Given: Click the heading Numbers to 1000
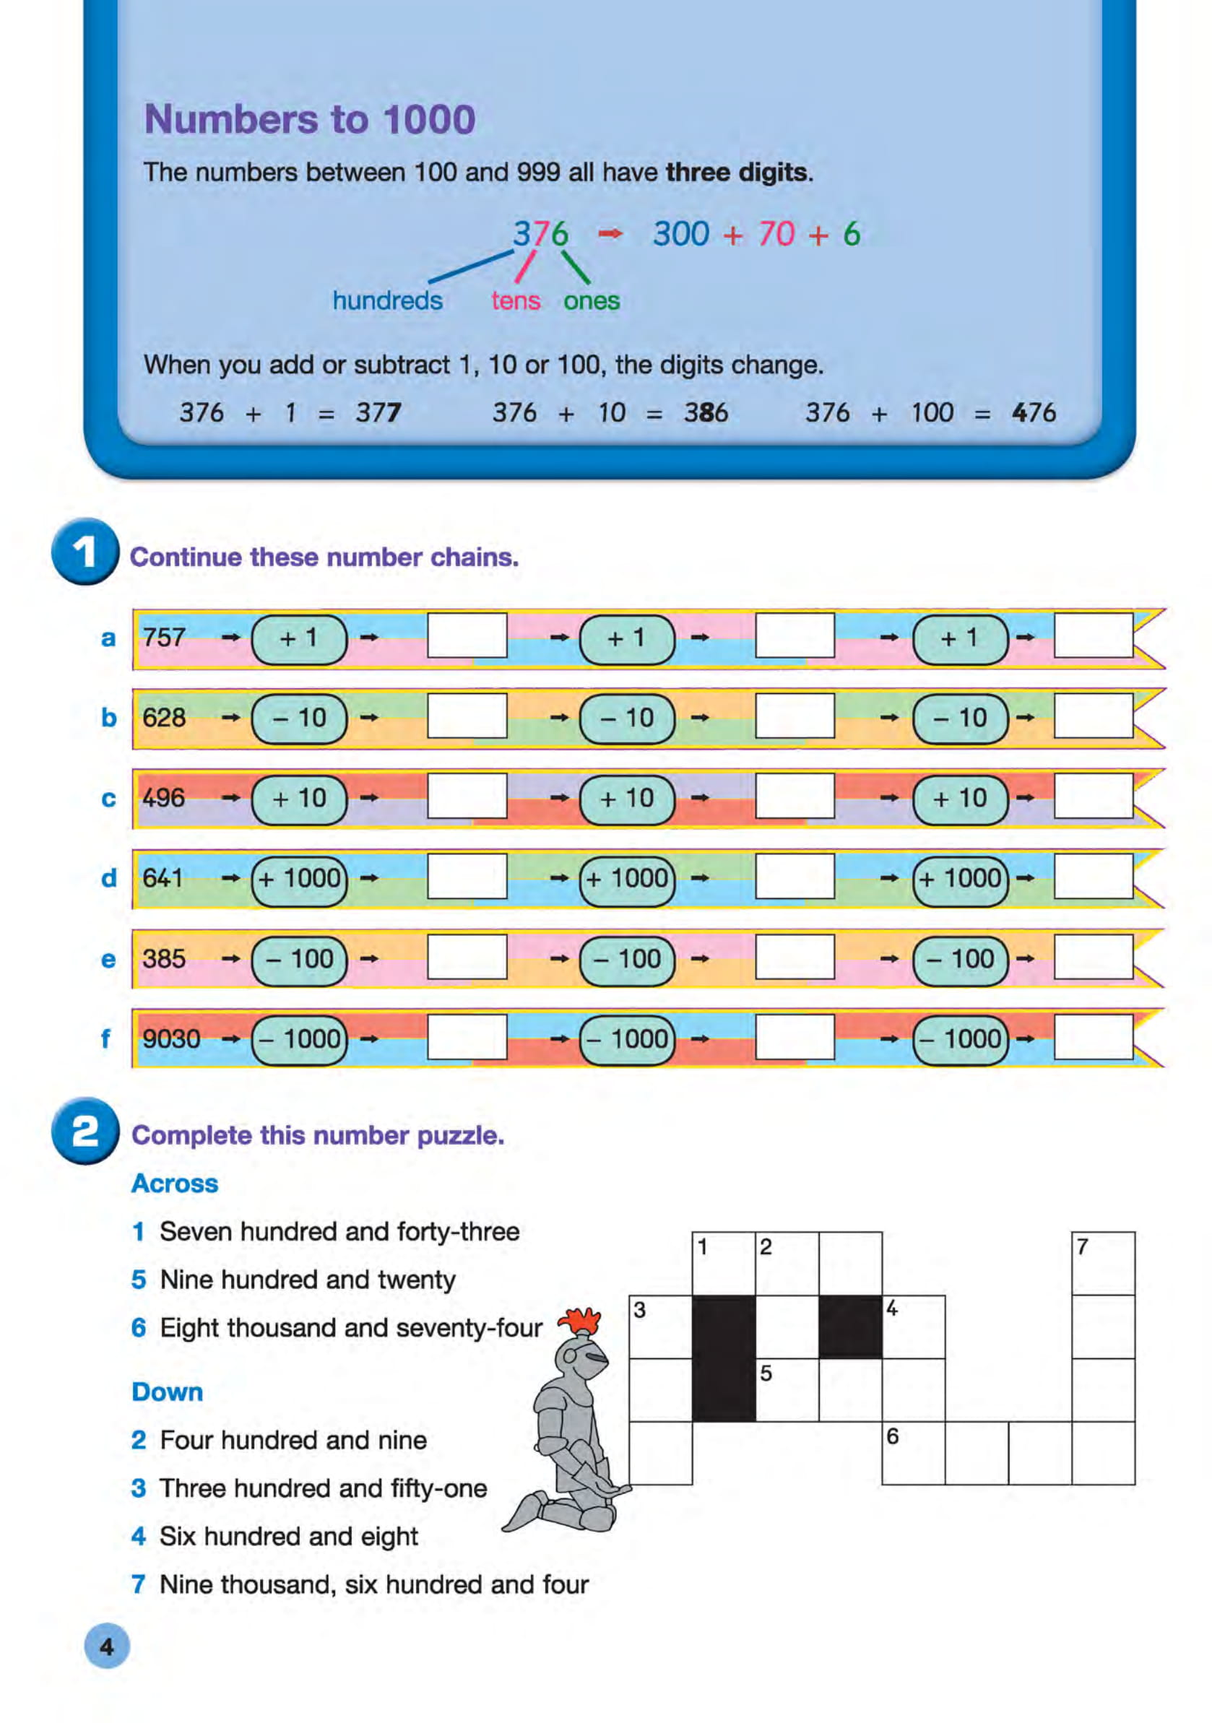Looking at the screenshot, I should click(x=309, y=119).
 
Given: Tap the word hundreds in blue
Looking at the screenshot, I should click(x=387, y=301).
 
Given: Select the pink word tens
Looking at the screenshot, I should click(x=516, y=301).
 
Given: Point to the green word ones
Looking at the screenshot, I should click(x=592, y=301).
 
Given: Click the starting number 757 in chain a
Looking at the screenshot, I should click(x=165, y=638).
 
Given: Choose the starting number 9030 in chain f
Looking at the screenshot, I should click(x=171, y=1038).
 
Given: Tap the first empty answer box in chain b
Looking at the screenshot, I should click(x=467, y=716).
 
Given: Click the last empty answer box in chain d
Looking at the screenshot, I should click(x=1093, y=877).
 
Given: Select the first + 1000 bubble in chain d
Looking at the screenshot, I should click(x=300, y=878).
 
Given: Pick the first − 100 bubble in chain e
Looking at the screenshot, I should click(x=300, y=958).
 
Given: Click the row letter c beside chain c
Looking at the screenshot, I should click(x=109, y=799).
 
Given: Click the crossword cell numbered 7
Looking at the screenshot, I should click(x=1102, y=1263).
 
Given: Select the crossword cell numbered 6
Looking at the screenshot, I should click(x=912, y=1452).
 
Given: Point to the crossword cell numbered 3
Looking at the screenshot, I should click(x=659, y=1326).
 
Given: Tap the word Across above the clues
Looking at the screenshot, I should click(x=175, y=1184).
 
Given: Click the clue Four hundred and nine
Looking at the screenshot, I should click(x=293, y=1440).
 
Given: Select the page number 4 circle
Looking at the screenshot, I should click(x=107, y=1646).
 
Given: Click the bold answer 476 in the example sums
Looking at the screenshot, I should click(x=1034, y=413).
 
